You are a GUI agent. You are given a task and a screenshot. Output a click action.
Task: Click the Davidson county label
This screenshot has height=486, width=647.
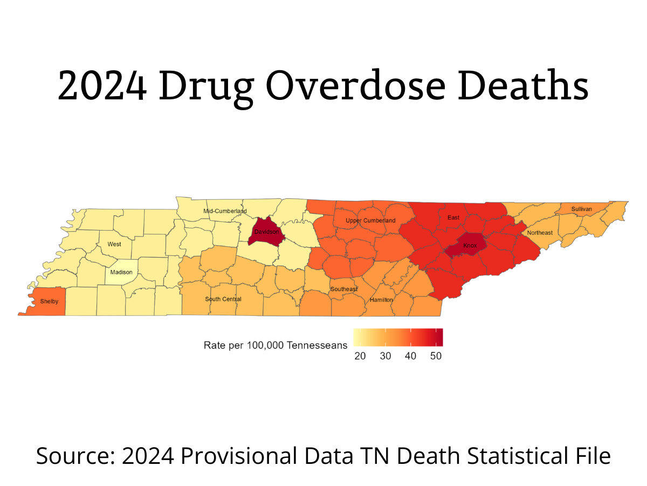[x=267, y=232]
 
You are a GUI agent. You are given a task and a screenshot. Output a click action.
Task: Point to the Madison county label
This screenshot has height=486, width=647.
[x=121, y=272]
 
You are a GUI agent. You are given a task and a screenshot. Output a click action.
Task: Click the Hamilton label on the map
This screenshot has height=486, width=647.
[x=381, y=300]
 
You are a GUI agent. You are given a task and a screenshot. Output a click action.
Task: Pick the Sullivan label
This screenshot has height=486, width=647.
[x=582, y=209]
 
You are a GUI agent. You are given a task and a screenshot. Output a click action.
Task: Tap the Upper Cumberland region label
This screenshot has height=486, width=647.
[x=370, y=220]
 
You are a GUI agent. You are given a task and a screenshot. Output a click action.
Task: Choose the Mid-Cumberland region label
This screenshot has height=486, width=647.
[x=225, y=211]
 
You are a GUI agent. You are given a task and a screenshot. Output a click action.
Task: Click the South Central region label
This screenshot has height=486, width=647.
[x=223, y=299]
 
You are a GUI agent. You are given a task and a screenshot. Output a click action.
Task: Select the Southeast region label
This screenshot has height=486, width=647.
[x=344, y=289]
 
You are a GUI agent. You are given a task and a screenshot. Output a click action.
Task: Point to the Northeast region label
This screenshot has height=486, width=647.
[x=540, y=233]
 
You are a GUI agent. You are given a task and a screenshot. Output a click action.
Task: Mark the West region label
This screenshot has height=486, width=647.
[x=114, y=244]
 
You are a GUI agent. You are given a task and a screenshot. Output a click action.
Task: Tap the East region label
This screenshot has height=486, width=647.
[x=453, y=218]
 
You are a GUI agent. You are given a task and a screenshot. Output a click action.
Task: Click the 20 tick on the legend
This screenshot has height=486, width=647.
[x=360, y=356]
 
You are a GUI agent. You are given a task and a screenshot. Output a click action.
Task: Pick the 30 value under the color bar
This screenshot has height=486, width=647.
[x=385, y=356]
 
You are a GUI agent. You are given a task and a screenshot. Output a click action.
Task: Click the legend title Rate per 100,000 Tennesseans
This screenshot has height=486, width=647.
[x=276, y=345]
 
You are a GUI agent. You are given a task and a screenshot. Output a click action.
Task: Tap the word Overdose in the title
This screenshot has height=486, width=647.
[x=355, y=86]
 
